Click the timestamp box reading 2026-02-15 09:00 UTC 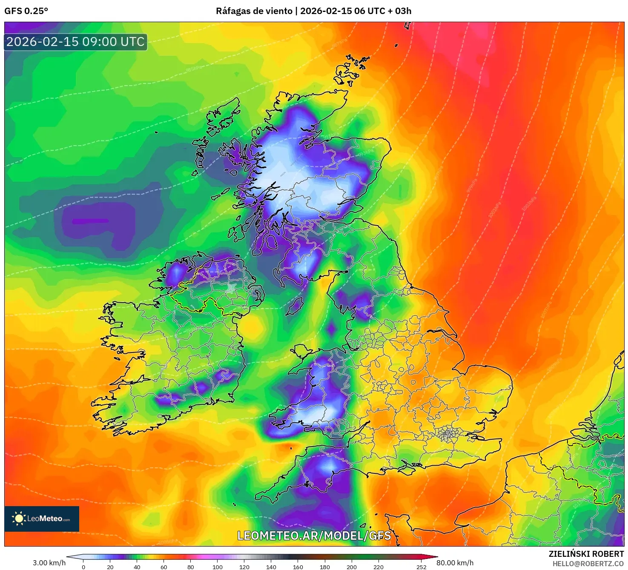pyautogui.click(x=76, y=42)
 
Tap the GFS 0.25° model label pyautogui.click(x=26, y=11)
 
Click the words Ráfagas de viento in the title pyautogui.click(x=254, y=11)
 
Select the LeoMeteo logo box pyautogui.click(x=42, y=518)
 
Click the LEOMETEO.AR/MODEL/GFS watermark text pyautogui.click(x=314, y=536)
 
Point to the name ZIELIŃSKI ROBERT pyautogui.click(x=586, y=554)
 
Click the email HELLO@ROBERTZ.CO pyautogui.click(x=588, y=564)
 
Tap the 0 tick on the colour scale pyautogui.click(x=83, y=567)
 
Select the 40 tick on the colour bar pyautogui.click(x=137, y=567)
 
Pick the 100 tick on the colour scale pyautogui.click(x=218, y=567)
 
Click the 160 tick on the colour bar pyautogui.click(x=298, y=567)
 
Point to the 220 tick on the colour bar pyautogui.click(x=379, y=567)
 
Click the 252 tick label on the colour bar pyautogui.click(x=422, y=567)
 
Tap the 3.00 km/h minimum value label pyautogui.click(x=49, y=563)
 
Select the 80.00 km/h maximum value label pyautogui.click(x=455, y=563)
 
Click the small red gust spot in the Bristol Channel pyautogui.click(x=289, y=446)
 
